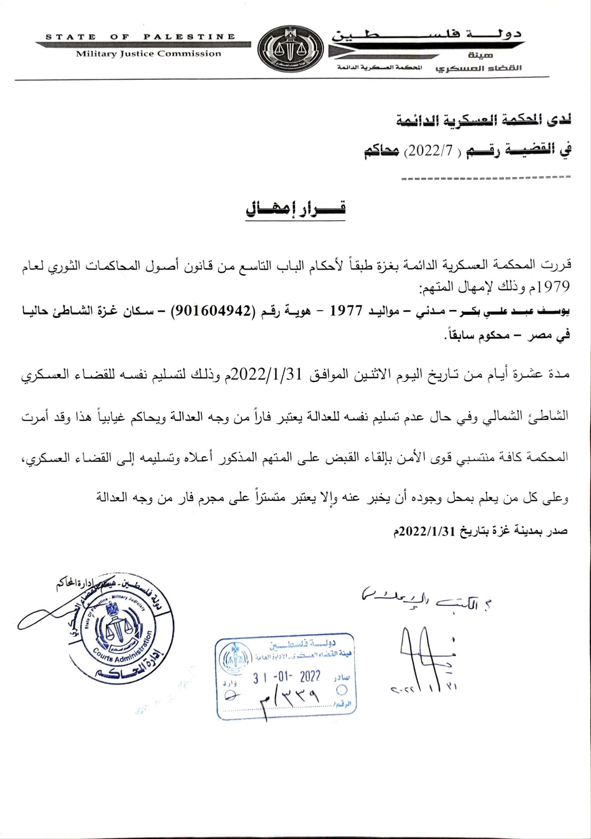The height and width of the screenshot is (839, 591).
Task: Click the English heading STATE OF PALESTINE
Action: click(140, 37)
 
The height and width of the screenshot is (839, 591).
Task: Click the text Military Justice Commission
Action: click(148, 54)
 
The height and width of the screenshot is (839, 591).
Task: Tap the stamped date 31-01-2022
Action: click(286, 677)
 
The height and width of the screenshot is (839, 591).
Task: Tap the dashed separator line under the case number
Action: click(486, 178)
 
